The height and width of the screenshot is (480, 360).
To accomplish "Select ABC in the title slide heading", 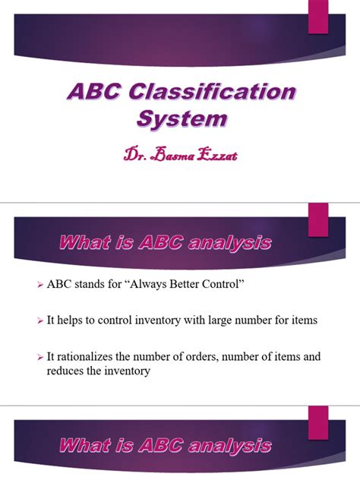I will tap(93, 93).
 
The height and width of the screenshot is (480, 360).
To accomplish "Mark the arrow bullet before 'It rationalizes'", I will tap(41, 356).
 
